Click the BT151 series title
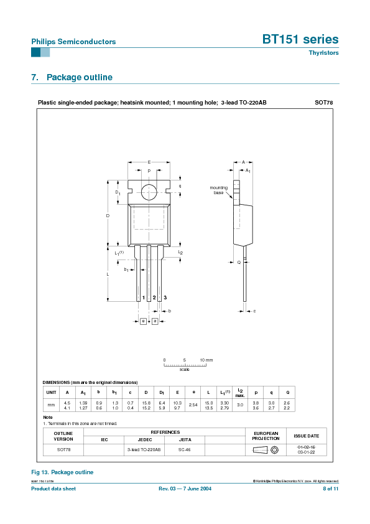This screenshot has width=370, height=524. [300, 39]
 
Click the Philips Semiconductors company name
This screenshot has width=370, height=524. [73, 42]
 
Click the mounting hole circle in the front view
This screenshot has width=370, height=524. [149, 192]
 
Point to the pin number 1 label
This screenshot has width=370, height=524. [143, 298]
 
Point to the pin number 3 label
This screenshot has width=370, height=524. [165, 298]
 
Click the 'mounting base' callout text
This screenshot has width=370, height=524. [218, 190]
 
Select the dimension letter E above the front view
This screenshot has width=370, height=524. [149, 162]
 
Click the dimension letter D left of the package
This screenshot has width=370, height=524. [108, 215]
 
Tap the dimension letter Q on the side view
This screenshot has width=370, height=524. [239, 262]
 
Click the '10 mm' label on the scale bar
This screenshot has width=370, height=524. [206, 360]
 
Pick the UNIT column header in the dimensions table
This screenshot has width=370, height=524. [50, 392]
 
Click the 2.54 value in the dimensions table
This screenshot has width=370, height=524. [193, 405]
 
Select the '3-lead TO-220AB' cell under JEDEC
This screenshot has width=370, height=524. [144, 449]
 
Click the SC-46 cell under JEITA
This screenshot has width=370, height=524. [185, 449]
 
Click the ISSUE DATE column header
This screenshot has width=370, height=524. [306, 436]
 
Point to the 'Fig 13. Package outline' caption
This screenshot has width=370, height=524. [62, 472]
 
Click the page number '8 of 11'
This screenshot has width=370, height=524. [330, 489]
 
